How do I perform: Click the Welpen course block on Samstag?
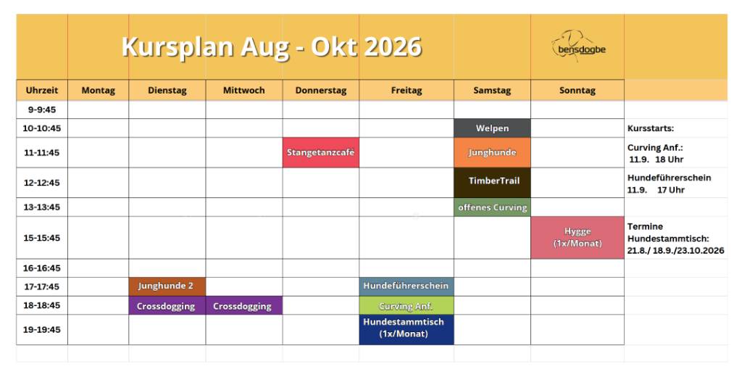tap(492, 128)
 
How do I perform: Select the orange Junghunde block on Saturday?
tap(492, 152)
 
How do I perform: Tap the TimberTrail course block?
tap(492, 183)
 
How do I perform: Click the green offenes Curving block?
tap(492, 207)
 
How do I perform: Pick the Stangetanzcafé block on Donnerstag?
tap(321, 152)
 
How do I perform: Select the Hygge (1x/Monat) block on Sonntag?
tap(578, 238)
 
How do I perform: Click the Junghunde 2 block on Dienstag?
tap(167, 287)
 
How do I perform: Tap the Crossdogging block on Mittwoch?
tap(244, 306)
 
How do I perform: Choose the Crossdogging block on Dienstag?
tap(167, 306)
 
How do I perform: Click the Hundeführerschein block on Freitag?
tap(407, 287)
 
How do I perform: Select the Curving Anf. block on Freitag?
tap(407, 306)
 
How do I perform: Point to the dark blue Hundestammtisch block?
tap(407, 330)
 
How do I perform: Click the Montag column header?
tap(99, 91)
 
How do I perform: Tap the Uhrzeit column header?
tap(42, 91)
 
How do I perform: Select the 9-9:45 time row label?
tap(42, 109)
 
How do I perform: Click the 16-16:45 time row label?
tap(42, 268)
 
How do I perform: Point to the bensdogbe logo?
tap(578, 47)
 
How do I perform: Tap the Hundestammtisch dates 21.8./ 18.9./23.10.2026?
tap(676, 250)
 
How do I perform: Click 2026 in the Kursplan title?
tap(393, 47)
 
